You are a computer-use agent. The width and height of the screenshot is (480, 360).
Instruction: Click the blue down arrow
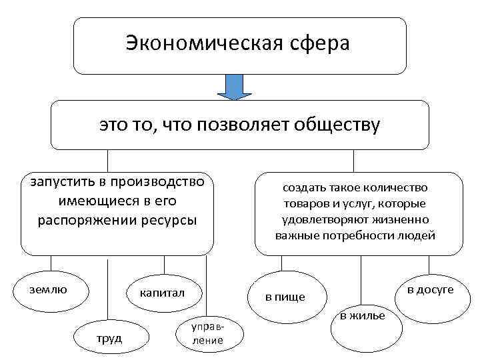[235, 87]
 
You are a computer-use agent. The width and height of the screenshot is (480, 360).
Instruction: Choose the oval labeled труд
[109, 338]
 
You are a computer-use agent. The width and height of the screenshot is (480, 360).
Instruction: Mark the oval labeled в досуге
[429, 289]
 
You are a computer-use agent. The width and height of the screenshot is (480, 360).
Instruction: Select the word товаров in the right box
[307, 203]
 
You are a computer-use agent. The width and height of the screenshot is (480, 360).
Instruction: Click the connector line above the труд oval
[109, 287]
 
